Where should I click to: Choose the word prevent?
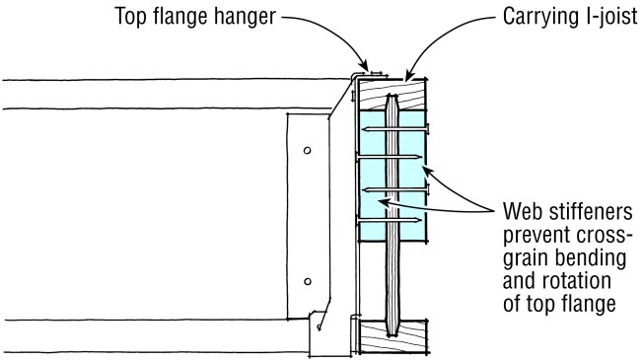(537, 237)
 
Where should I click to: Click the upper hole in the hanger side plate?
(307, 150)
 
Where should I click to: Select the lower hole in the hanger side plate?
(307, 282)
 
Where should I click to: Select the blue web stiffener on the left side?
(370, 178)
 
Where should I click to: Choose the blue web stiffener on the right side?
(413, 178)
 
